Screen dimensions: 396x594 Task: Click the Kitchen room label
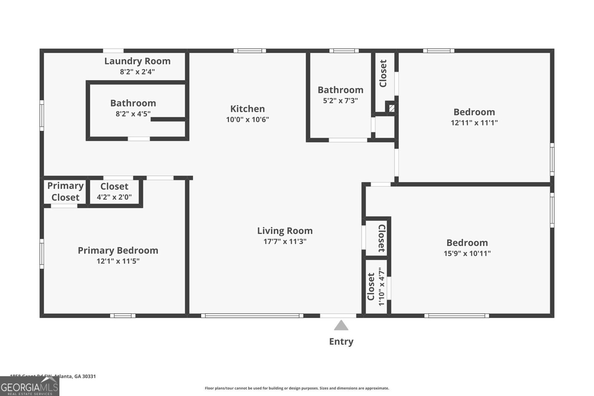pos(247,109)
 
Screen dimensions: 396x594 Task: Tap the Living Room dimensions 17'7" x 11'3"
pos(285,242)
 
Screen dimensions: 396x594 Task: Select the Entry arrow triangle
pos(341,325)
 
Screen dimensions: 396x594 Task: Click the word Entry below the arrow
pos(341,341)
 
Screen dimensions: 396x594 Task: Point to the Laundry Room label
pos(137,61)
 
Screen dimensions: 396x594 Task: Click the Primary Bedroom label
pos(118,251)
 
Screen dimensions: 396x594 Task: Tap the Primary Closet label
pos(65,192)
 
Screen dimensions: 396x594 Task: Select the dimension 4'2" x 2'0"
pos(114,197)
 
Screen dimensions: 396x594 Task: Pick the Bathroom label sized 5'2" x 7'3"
pos(340,90)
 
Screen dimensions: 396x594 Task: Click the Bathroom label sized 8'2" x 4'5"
pos(133,103)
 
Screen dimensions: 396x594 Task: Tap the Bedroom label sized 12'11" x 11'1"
pos(474,112)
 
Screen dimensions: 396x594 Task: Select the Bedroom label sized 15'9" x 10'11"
pos(467,243)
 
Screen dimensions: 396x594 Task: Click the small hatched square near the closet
pos(391,108)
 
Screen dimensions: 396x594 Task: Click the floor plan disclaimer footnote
pos(297,388)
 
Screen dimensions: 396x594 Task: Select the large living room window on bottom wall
pos(252,316)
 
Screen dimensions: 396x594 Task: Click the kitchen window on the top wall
pos(249,51)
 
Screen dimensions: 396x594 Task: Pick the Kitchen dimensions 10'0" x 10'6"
pos(247,120)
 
